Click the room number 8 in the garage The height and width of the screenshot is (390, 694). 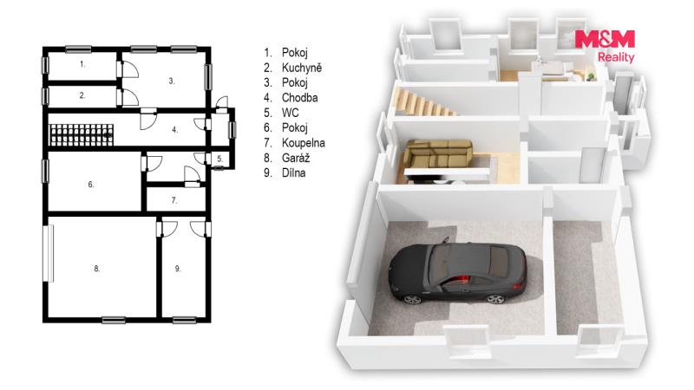pyautogui.click(x=96, y=269)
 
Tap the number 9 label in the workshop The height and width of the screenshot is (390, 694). pyautogui.click(x=178, y=269)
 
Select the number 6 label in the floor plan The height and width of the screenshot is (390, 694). pyautogui.click(x=91, y=185)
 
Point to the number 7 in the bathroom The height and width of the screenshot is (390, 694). pyautogui.click(x=174, y=200)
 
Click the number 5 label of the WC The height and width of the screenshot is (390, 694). pyautogui.click(x=220, y=159)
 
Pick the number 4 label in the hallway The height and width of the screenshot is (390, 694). pyautogui.click(x=175, y=129)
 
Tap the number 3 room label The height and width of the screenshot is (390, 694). pyautogui.click(x=171, y=81)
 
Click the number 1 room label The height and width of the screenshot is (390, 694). pyautogui.click(x=82, y=64)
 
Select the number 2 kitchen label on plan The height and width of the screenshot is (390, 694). pyautogui.click(x=82, y=95)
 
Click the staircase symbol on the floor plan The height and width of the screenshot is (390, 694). pyautogui.click(x=81, y=135)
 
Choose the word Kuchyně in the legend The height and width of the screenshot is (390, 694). pyautogui.click(x=302, y=68)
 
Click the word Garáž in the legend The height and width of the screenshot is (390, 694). pyautogui.click(x=296, y=158)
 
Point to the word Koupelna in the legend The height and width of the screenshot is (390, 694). pyautogui.click(x=303, y=143)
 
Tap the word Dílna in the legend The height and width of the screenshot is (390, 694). pyautogui.click(x=293, y=172)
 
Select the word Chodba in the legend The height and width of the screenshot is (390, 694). pyautogui.click(x=299, y=98)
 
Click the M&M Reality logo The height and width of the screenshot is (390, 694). pyautogui.click(x=605, y=46)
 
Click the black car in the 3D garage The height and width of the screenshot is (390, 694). pyautogui.click(x=458, y=274)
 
